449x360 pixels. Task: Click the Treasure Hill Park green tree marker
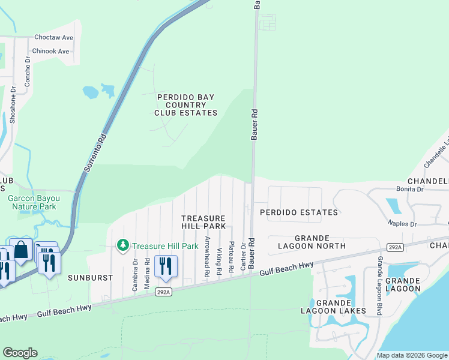tap(123, 245)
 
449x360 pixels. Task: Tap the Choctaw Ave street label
tap(53, 37)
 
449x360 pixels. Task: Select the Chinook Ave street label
tap(51, 51)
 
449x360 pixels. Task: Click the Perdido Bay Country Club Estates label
tap(185, 104)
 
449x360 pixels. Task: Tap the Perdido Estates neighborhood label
tap(298, 212)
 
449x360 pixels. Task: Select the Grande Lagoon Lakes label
tap(333, 306)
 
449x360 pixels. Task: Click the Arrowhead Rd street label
tap(207, 256)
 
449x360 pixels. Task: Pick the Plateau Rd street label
tap(231, 259)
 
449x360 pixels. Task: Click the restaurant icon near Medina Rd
tap(165, 266)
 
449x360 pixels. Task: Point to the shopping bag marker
tap(21, 250)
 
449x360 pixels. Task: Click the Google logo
tap(20, 353)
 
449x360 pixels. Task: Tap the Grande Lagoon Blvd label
tap(379, 286)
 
